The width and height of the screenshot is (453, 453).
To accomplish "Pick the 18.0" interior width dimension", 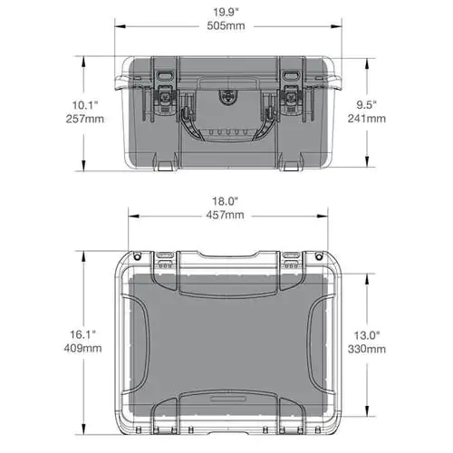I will click(x=226, y=201).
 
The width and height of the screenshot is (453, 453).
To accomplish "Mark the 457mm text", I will click(x=226, y=216).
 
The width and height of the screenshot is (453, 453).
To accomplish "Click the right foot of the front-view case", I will click(x=291, y=167).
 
